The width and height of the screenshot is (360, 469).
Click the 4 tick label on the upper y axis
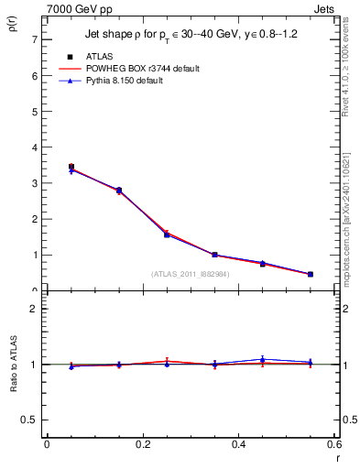pos(33,147)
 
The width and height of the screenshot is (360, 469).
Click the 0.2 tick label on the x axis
pos(142,444)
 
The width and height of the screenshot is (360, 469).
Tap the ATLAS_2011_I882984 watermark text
pos(190,273)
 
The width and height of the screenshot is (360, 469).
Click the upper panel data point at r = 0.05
pos(71,168)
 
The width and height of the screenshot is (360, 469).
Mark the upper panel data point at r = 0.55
pos(311,274)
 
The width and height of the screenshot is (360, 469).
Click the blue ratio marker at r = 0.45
pos(263,359)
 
